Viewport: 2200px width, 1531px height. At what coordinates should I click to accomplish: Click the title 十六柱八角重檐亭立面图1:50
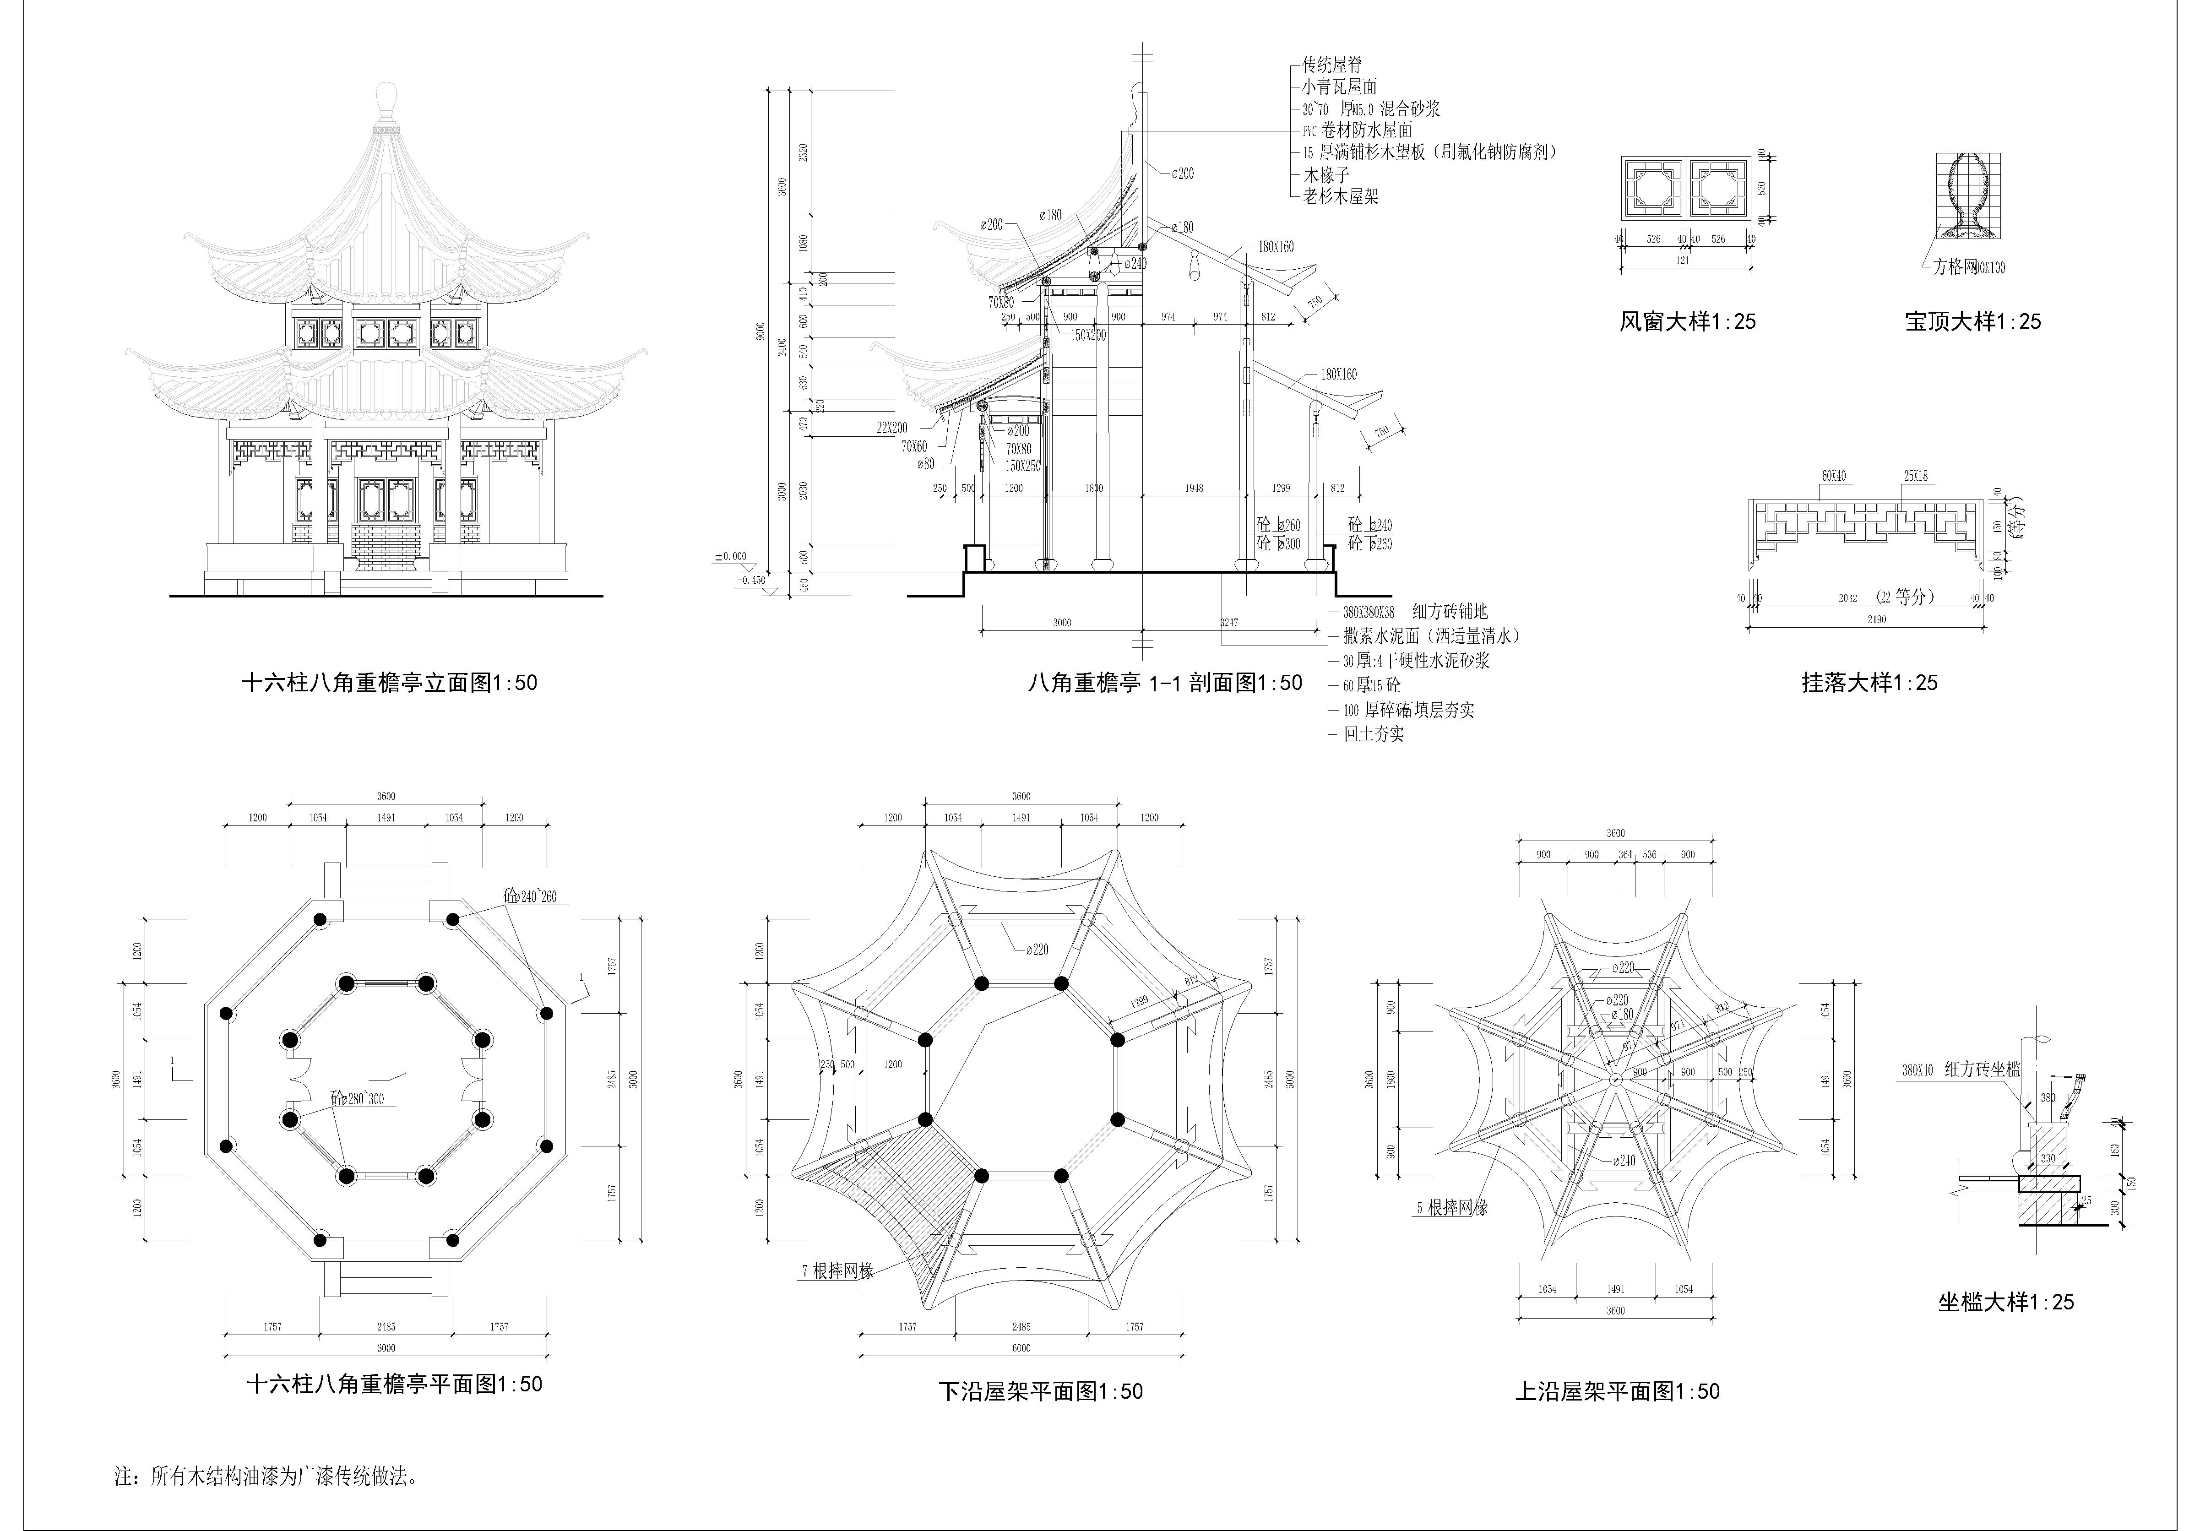coord(389,683)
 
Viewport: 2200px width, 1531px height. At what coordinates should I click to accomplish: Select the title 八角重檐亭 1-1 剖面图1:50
coord(1164,683)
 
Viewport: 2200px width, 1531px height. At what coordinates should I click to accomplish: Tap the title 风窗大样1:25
coord(1687,322)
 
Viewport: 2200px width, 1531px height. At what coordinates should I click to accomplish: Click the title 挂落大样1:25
coord(1869,683)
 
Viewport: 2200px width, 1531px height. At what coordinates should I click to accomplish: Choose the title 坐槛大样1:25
coord(2005,1302)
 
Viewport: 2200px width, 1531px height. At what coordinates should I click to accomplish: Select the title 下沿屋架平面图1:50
coord(1040,1391)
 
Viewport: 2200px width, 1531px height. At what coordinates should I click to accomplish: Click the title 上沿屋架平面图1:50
coord(1617,1391)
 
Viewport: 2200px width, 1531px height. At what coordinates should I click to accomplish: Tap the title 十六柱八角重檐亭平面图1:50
coord(394,1384)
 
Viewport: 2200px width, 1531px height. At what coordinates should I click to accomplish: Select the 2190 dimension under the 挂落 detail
coord(1876,620)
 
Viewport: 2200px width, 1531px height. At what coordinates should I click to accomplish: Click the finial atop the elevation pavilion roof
coord(385,100)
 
